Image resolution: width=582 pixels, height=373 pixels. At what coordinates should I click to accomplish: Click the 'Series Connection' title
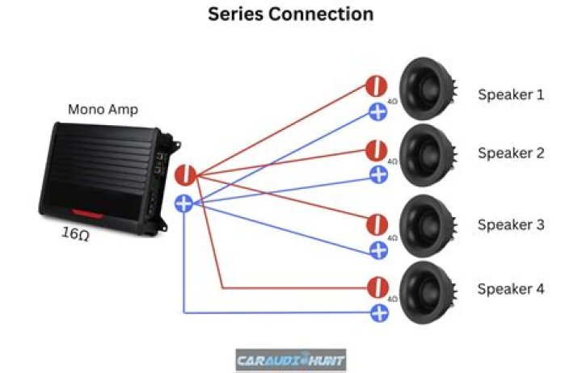click(290, 15)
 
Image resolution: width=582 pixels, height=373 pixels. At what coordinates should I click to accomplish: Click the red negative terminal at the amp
click(185, 174)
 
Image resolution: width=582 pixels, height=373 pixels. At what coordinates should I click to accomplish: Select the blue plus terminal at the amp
click(184, 203)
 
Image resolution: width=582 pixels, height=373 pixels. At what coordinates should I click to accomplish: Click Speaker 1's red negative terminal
click(375, 86)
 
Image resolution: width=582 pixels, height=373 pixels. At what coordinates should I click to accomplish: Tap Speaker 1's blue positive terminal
click(377, 112)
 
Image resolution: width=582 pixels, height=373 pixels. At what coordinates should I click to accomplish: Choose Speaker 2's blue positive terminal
click(378, 174)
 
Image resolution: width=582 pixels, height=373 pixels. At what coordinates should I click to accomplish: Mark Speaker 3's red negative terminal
click(376, 224)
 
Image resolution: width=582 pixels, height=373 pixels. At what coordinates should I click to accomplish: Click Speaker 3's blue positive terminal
click(378, 249)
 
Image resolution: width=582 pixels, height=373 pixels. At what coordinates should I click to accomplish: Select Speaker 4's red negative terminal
click(375, 287)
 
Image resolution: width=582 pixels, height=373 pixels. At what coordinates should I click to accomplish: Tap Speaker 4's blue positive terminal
click(378, 312)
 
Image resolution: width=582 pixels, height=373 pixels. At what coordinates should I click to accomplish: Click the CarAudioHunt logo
click(290, 358)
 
